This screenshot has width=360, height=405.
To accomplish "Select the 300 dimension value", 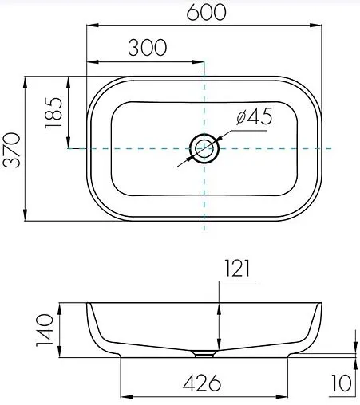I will tap(147, 48).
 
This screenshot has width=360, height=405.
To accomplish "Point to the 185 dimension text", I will tap(55, 113).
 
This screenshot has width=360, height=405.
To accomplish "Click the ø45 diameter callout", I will tap(255, 116).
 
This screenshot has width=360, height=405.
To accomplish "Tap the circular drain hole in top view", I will tap(205, 149).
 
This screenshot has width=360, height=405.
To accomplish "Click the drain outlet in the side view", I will tap(207, 351).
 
